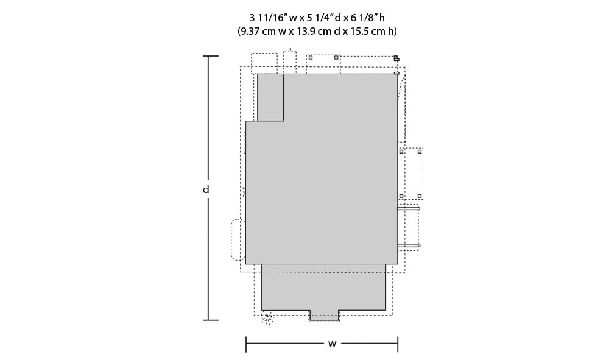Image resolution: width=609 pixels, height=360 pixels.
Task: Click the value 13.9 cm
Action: tap(314, 32)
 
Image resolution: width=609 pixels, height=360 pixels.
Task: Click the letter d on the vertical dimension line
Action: tap(206, 190)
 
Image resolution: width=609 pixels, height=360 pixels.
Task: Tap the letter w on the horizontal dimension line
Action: tap(332, 344)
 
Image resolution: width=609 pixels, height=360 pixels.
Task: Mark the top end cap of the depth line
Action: tap(211, 56)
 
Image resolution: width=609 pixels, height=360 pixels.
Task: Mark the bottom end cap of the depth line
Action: tap(211, 320)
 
